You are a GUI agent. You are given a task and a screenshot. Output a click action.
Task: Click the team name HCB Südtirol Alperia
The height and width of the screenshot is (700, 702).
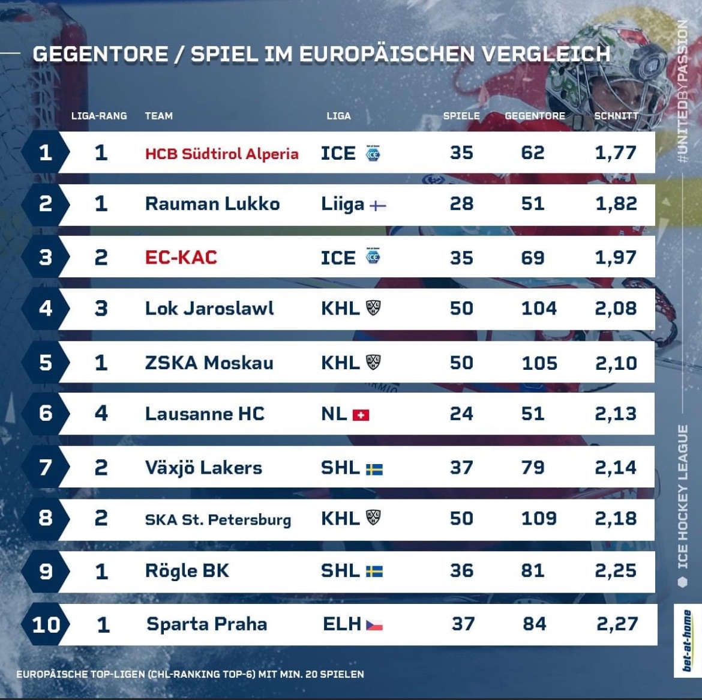[221, 154]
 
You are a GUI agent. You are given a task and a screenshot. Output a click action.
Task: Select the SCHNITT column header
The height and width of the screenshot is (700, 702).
[616, 116]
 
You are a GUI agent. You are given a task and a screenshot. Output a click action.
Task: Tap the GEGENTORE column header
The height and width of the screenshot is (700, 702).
[535, 116]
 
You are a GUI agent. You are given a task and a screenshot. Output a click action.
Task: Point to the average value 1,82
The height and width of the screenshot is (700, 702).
[616, 204]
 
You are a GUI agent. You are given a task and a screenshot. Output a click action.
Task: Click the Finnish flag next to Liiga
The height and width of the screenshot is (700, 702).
[377, 206]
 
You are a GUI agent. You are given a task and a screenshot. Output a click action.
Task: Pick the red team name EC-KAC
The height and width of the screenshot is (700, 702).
[181, 258]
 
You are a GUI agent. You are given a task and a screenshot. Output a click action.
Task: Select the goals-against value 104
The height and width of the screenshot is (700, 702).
[539, 309]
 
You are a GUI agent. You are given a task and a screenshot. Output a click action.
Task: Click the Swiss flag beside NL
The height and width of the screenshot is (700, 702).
[361, 415]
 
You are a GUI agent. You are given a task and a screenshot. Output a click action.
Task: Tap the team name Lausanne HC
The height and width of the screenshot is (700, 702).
[205, 414]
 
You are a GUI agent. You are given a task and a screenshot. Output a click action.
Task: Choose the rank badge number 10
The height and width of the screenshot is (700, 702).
[46, 624]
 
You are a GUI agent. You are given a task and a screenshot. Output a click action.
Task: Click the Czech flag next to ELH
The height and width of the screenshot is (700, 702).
[374, 626]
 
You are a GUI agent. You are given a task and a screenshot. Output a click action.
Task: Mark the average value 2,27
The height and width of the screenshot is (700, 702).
[617, 624]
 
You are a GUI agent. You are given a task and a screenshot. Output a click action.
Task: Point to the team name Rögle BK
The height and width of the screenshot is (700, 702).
[187, 571]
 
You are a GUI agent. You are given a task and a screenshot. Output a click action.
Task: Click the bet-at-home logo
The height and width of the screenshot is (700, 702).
[687, 640]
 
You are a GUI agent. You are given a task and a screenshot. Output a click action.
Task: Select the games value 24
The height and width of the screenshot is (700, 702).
[461, 414]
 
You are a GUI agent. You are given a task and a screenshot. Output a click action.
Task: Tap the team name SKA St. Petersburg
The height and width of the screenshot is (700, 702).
[218, 519]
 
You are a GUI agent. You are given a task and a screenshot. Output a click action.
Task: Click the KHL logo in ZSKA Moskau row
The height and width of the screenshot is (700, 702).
[373, 362]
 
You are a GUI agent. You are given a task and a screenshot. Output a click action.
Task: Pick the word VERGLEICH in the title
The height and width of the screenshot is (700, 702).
[545, 54]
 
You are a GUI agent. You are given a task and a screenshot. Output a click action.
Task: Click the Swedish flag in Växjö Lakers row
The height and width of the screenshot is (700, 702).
[374, 469]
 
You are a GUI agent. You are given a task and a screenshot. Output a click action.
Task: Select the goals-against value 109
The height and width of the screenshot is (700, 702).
[539, 519]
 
